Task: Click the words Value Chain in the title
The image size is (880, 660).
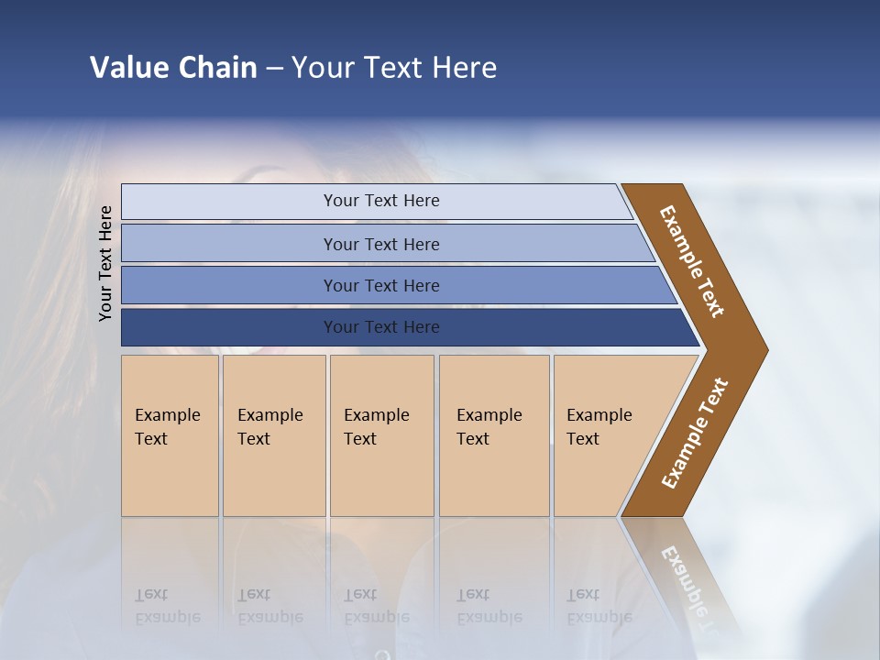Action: (x=173, y=67)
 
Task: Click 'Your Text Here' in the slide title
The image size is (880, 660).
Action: (x=394, y=67)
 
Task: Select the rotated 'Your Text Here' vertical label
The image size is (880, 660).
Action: (x=105, y=263)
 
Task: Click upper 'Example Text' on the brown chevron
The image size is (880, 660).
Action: (x=692, y=261)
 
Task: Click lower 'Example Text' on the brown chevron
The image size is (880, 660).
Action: (x=694, y=434)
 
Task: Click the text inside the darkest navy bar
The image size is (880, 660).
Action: (x=381, y=327)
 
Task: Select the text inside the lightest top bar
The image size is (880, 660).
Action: (x=381, y=201)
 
